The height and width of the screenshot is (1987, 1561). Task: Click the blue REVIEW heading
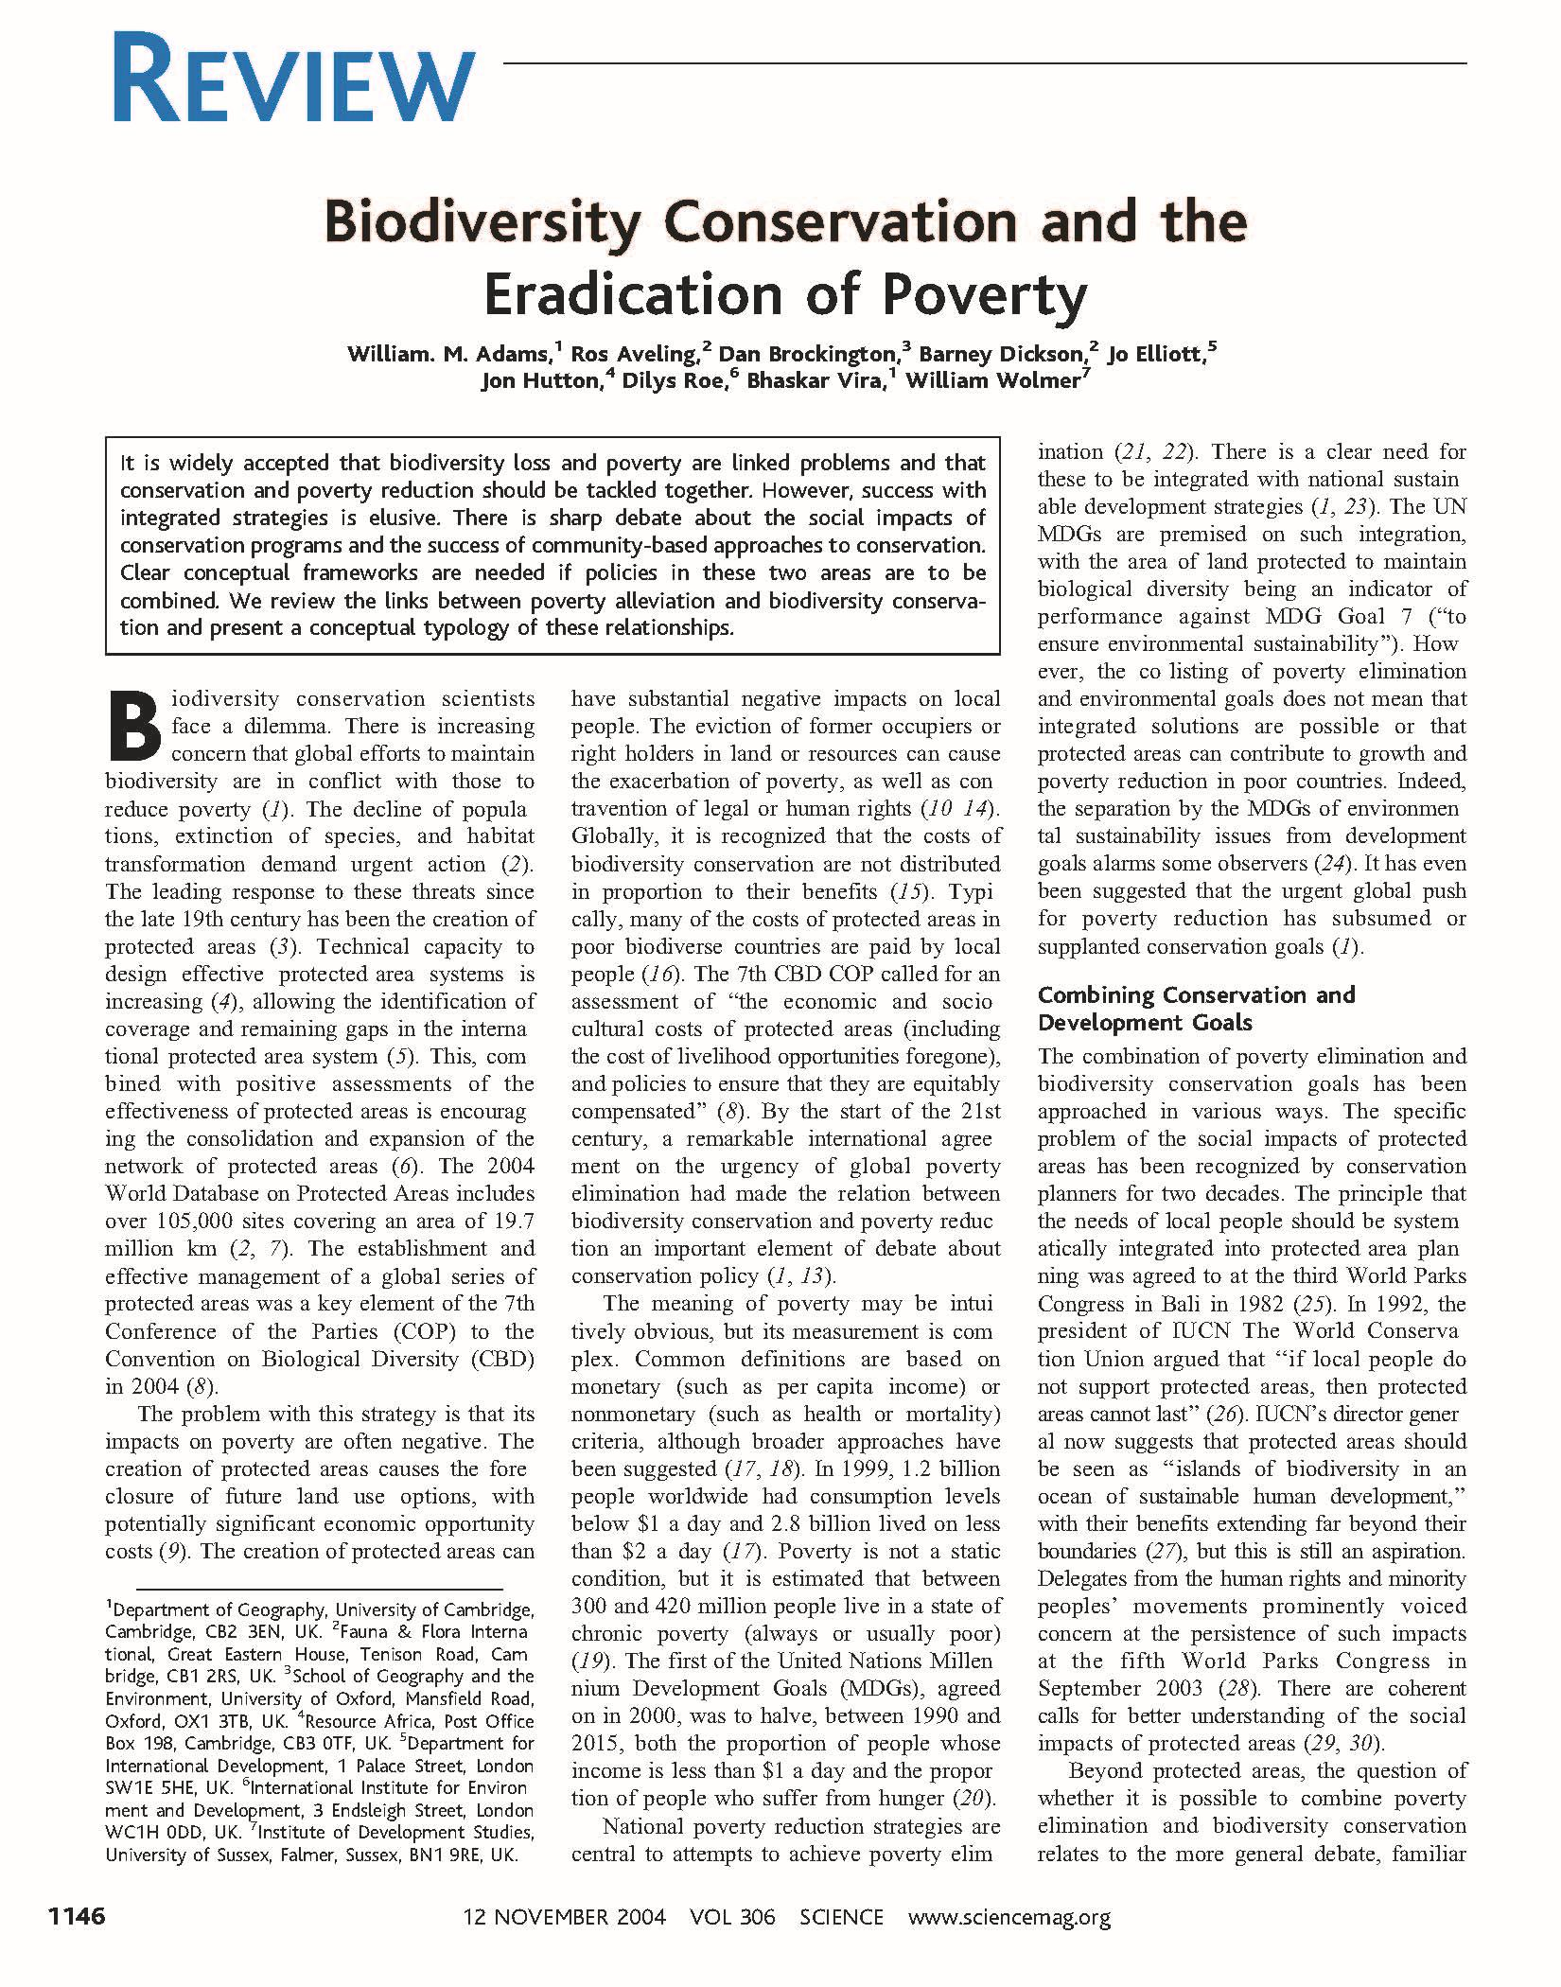coord(293,78)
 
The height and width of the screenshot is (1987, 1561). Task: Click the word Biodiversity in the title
coord(482,223)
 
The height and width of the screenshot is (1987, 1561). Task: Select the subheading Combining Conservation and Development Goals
coord(1196,1009)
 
